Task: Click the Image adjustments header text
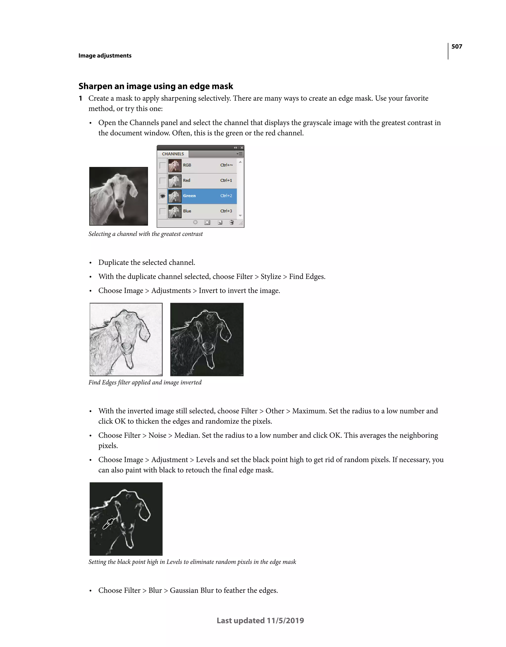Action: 105,56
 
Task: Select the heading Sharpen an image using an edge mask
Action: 156,86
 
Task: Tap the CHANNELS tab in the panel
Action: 173,154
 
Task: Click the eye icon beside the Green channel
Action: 162,196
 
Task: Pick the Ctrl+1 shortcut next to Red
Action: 226,181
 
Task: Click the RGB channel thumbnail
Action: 175,165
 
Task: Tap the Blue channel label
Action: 187,211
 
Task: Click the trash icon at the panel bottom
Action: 232,222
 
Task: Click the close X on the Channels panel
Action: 242,147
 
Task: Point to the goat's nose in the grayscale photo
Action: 120,202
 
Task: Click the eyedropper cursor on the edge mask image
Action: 107,524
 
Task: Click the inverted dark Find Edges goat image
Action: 207,340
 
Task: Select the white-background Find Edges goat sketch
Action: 126,340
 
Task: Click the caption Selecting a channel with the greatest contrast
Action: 146,234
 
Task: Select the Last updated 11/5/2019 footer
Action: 260,621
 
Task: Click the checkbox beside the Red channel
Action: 162,181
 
